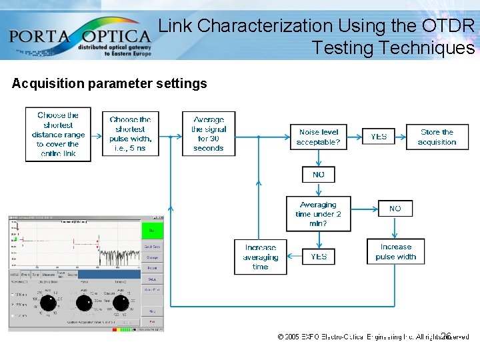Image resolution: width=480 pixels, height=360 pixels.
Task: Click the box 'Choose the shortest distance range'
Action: [x=58, y=134]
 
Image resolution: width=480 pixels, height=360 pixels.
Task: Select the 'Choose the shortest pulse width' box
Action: [x=131, y=134]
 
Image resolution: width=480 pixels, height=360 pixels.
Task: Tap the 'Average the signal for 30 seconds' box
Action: [x=209, y=134]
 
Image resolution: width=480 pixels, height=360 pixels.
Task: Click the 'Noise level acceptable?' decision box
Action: [x=319, y=137]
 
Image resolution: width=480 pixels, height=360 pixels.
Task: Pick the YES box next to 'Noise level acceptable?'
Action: [x=379, y=137]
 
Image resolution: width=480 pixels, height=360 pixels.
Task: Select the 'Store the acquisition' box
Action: [x=437, y=137]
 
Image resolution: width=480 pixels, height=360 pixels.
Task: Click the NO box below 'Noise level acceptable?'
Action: [x=319, y=175]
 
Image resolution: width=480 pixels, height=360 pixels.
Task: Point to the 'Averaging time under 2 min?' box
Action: [x=319, y=214]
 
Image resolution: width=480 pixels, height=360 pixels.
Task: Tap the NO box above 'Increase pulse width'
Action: [x=395, y=209]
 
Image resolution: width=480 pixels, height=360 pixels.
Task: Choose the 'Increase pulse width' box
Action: [x=395, y=251]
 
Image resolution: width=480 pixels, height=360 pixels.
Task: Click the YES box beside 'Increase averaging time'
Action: [x=319, y=256]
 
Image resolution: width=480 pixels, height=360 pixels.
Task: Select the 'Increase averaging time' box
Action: [x=261, y=257]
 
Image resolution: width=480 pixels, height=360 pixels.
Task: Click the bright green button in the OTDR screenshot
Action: [x=152, y=230]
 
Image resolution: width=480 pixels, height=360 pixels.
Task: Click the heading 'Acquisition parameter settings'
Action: [x=109, y=83]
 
